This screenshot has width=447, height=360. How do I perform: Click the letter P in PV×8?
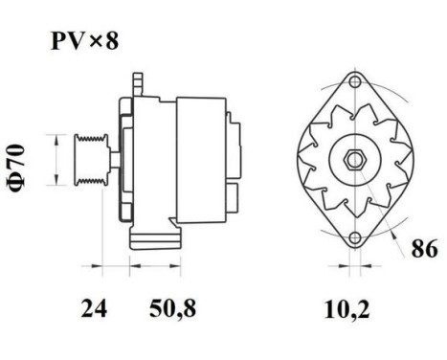[x=56, y=42]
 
